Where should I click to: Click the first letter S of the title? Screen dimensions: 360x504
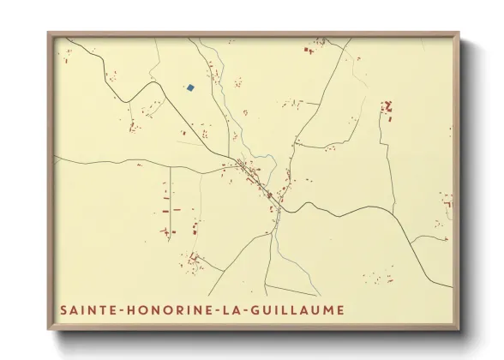[63, 309]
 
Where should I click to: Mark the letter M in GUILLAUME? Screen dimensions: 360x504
[330, 309]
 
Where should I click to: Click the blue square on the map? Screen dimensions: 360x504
[190, 87]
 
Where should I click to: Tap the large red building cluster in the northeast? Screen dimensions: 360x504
[387, 108]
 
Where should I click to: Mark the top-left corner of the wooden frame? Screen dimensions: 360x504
[49, 33]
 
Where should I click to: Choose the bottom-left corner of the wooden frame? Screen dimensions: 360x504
[49, 331]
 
